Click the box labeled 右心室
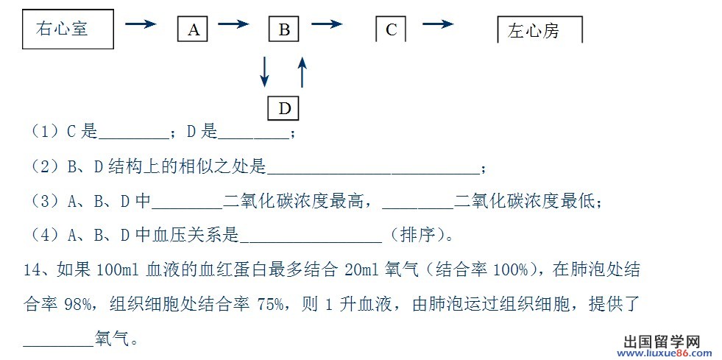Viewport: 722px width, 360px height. (x=68, y=29)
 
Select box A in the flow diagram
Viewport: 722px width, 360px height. (x=193, y=29)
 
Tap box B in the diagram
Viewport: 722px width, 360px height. (x=283, y=29)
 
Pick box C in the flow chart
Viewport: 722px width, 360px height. (x=391, y=29)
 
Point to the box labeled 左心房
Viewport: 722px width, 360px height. (x=539, y=30)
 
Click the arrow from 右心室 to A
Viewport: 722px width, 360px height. (x=141, y=24)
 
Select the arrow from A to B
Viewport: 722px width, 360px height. (x=233, y=24)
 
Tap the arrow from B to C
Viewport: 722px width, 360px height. (x=327, y=24)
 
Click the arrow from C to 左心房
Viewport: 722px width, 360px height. (x=438, y=24)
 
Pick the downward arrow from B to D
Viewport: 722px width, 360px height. (x=263, y=72)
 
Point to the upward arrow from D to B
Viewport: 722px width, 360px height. (x=302, y=72)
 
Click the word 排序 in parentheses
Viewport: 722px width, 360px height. (x=418, y=236)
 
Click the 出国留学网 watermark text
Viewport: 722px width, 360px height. (x=662, y=342)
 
